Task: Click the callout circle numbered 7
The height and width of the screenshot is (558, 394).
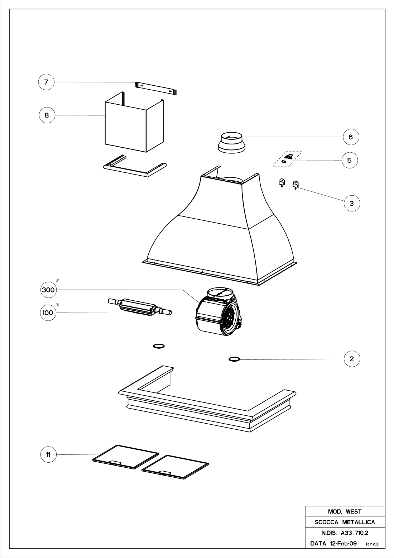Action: pyautogui.click(x=46, y=82)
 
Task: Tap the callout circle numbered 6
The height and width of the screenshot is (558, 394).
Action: pyautogui.click(x=351, y=137)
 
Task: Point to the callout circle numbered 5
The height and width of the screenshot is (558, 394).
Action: pyautogui.click(x=350, y=160)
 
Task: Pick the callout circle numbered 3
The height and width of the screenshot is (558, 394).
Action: pyautogui.click(x=352, y=203)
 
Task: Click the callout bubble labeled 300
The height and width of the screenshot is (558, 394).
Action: pyautogui.click(x=48, y=290)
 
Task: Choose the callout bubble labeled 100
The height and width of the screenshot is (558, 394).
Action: pyautogui.click(x=47, y=313)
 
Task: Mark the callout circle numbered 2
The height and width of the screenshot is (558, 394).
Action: pyautogui.click(x=352, y=359)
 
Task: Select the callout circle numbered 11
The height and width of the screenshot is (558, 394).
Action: pyautogui.click(x=48, y=455)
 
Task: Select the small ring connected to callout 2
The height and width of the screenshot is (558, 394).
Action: pyautogui.click(x=234, y=359)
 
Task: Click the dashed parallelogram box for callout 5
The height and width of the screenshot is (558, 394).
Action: pyautogui.click(x=287, y=159)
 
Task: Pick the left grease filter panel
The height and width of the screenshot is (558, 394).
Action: pyautogui.click(x=125, y=457)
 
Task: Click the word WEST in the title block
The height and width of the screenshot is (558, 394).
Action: pyautogui.click(x=354, y=511)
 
